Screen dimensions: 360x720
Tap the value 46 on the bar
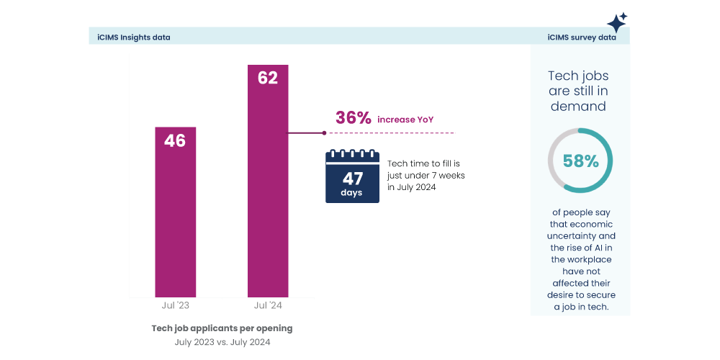175,140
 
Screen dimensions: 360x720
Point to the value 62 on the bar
268,78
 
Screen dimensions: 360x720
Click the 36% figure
353,119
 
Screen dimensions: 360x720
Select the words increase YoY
405,120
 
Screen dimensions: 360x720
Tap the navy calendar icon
352,176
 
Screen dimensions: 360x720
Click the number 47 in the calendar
352,179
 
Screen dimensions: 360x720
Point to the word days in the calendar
352,193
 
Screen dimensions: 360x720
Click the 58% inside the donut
580,161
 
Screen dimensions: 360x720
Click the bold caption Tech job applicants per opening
222,328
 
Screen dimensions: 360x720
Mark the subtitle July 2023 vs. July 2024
222,343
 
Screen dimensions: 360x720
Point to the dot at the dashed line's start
324,133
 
